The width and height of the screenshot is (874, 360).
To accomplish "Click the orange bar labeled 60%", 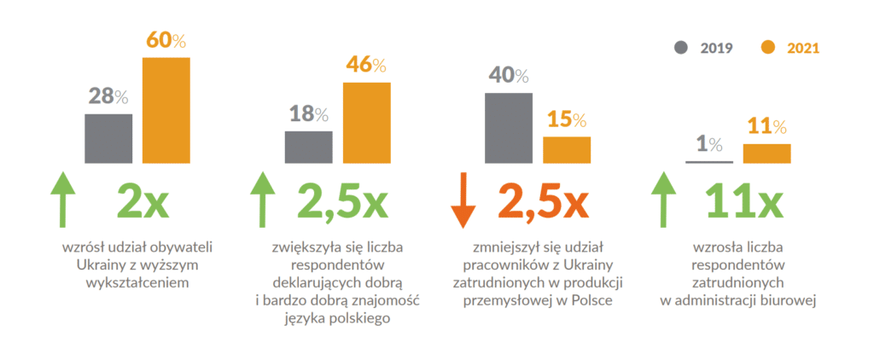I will pos(166,109).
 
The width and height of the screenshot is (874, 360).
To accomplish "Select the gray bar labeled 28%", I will pos(108,137).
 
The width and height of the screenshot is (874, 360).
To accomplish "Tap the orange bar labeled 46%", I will pos(366,122).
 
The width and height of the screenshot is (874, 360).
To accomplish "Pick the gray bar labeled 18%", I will pos(309,146).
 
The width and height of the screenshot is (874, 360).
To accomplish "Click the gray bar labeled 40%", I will pos(509,127).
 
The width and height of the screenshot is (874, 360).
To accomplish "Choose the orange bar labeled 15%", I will pos(567,149).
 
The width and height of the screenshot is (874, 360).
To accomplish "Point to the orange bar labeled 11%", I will pos(767,153).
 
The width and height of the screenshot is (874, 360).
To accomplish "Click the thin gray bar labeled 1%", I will pos(709,161).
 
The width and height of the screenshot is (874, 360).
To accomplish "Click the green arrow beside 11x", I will pos(662,200).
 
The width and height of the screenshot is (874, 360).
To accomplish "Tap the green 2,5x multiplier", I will pos(342,201).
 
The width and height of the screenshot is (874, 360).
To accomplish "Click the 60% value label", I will pos(166,40).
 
